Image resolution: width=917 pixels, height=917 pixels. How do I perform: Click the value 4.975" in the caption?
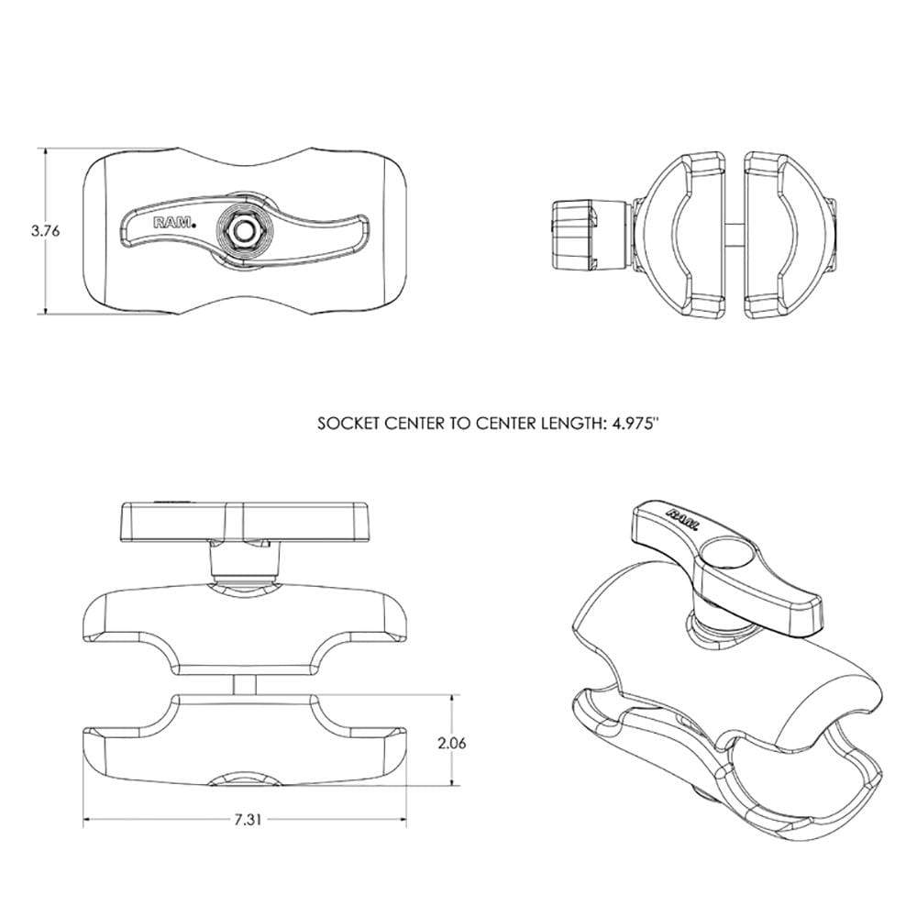[634, 425]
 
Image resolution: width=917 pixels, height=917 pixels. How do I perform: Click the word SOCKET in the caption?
[346, 425]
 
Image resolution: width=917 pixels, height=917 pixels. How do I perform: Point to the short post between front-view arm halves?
[243, 685]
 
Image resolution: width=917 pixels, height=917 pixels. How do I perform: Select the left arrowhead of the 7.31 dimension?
[88, 819]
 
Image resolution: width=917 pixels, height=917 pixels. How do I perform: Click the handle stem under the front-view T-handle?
[243, 560]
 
